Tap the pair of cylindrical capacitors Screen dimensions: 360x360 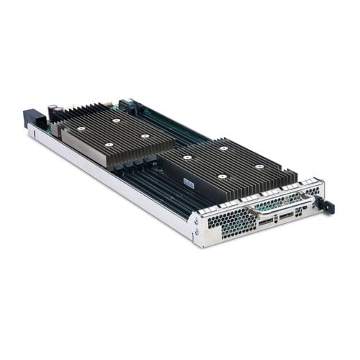coord(53,112)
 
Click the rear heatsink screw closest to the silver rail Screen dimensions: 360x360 coord(109,145)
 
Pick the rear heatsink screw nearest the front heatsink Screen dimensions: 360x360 coord(145,135)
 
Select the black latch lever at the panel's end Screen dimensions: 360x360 coord(328,207)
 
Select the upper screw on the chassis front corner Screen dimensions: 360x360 coord(196,221)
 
